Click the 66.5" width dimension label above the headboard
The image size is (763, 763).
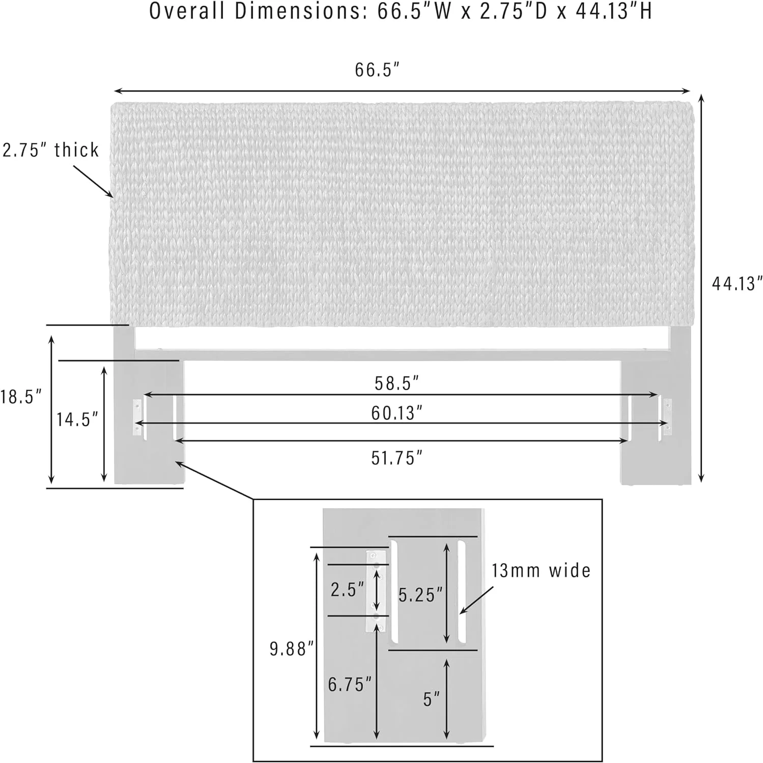377,70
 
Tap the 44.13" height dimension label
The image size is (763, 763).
737,283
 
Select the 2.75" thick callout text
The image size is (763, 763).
50,150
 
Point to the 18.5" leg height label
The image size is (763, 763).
20,397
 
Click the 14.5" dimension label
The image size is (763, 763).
77,419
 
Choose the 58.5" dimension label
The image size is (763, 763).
397,383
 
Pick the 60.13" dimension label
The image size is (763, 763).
397,413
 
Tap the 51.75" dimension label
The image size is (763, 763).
397,458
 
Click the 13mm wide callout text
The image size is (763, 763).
541,571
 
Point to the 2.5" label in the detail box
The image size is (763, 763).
348,590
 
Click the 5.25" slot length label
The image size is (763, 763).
420,595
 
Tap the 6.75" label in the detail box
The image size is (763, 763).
350,684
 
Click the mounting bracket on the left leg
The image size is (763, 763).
137,418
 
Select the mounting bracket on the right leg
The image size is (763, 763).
667,417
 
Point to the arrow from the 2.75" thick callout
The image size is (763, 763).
93,181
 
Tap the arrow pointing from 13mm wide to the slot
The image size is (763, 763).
477,600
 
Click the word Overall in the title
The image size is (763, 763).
186,11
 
